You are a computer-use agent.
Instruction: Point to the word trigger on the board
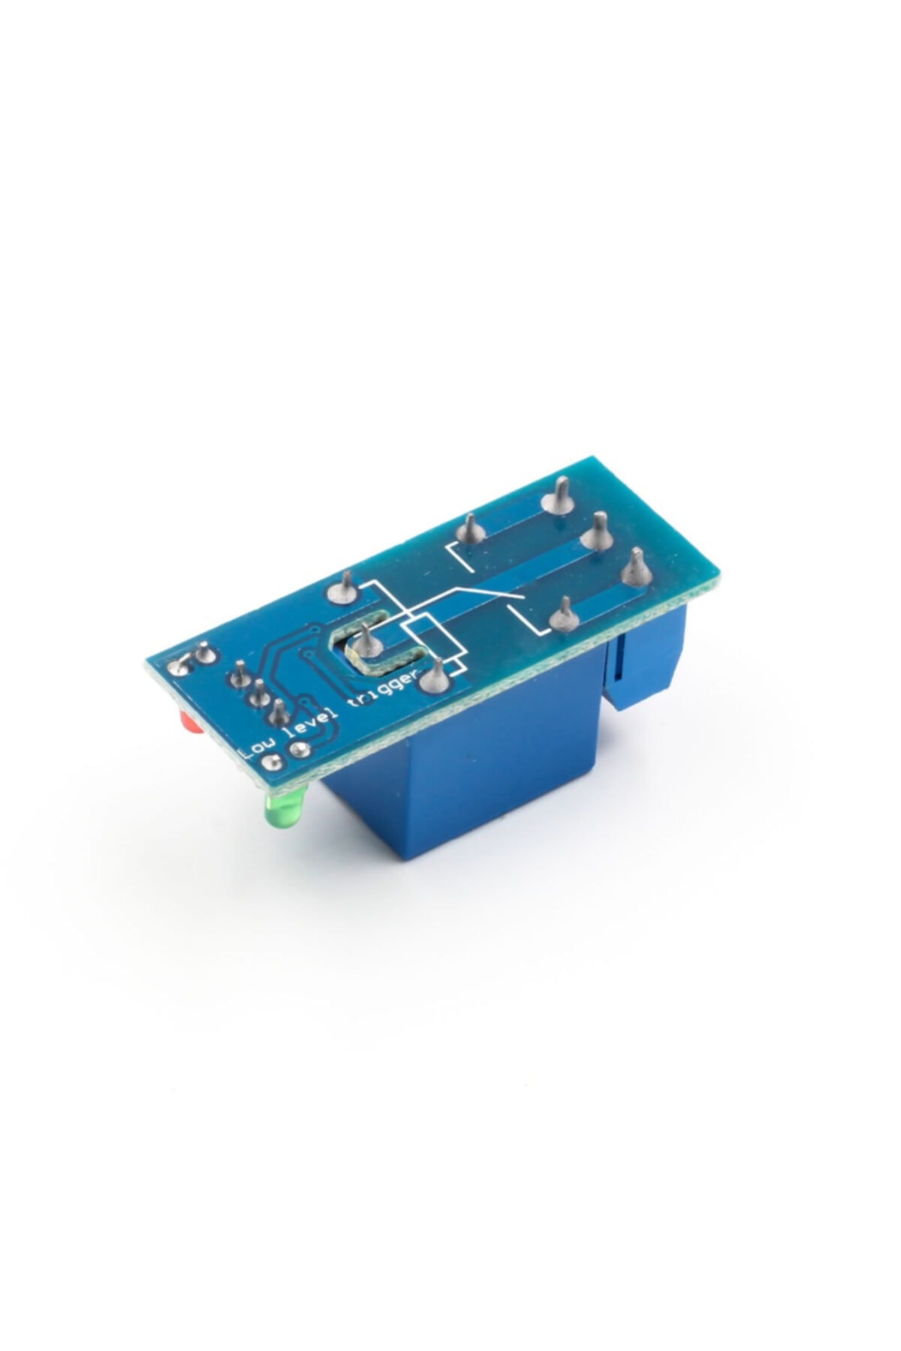[381, 685]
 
